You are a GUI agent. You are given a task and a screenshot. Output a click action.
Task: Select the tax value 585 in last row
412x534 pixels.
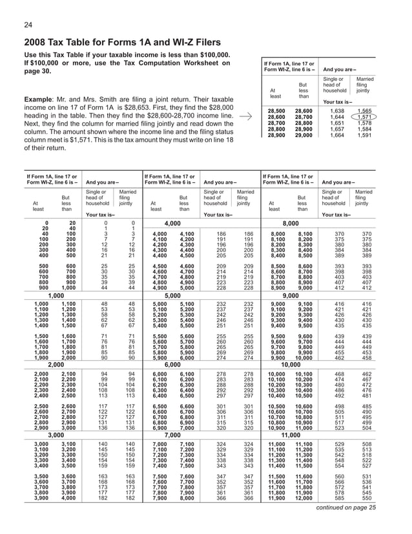[x=340, y=498]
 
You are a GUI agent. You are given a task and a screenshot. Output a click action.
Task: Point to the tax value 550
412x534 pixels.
[x=367, y=498]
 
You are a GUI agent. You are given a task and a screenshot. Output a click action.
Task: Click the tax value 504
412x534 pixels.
[x=367, y=429]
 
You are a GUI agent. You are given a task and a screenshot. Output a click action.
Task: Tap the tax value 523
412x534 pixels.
[x=340, y=429]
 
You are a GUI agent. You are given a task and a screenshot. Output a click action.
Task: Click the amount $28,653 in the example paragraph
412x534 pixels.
[x=143, y=107]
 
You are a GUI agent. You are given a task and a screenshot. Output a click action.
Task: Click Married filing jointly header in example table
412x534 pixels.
[x=365, y=84]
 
